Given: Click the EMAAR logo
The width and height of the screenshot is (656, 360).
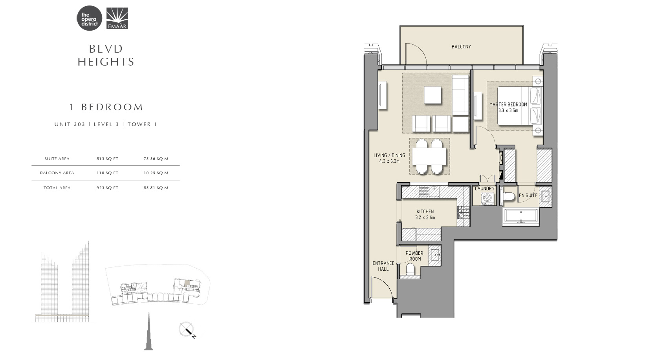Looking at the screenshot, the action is click(117, 18).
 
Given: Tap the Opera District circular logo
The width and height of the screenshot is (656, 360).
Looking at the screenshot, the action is click(89, 18).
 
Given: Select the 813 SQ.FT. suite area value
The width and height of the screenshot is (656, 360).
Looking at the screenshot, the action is click(108, 159).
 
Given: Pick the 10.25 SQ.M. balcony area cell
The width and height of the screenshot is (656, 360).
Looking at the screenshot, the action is click(157, 173).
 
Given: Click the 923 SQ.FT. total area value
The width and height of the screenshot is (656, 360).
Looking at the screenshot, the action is click(108, 188).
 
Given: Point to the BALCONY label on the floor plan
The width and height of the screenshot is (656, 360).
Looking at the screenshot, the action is click(461, 47).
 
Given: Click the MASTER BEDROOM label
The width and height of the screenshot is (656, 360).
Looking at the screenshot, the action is click(508, 104).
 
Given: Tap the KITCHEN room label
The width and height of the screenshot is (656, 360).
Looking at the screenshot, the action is click(425, 211).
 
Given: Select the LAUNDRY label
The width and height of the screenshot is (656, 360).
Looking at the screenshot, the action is click(485, 189).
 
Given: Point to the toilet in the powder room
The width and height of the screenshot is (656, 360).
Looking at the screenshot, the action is click(410, 269).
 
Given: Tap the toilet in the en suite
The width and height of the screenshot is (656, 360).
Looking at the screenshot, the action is click(509, 197).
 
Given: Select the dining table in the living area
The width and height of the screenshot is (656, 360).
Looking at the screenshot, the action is click(429, 156).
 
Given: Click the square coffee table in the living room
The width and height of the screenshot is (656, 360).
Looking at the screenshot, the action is click(432, 95).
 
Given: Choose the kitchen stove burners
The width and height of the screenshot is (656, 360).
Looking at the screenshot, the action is click(463, 212).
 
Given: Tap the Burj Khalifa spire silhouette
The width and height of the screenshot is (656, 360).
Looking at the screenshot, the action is click(149, 331).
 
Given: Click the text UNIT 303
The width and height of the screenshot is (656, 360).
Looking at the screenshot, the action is click(70, 124).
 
